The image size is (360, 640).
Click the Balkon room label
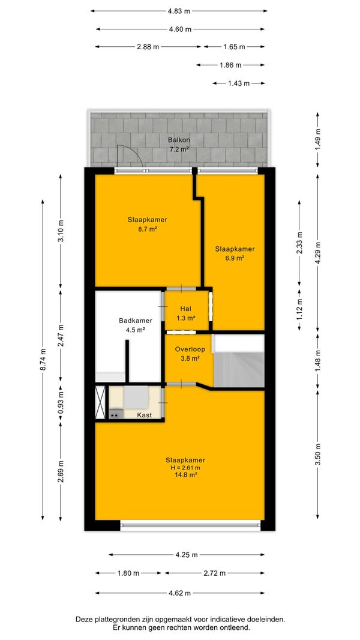[x=179, y=140]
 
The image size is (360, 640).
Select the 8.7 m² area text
[x=147, y=229]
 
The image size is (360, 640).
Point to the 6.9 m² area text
[x=235, y=258]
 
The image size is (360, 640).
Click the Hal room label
[x=186, y=309]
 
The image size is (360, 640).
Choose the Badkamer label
[x=136, y=321]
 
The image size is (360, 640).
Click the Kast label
[x=145, y=415]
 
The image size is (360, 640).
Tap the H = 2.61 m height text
[x=188, y=468]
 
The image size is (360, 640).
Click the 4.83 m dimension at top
[x=179, y=11]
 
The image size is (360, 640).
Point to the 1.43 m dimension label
[x=239, y=83]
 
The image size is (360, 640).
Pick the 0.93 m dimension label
[x=61, y=403]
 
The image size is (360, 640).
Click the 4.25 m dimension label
[x=187, y=555]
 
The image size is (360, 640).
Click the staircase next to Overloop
[x=239, y=361]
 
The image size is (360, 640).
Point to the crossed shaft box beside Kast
[x=100, y=403]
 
